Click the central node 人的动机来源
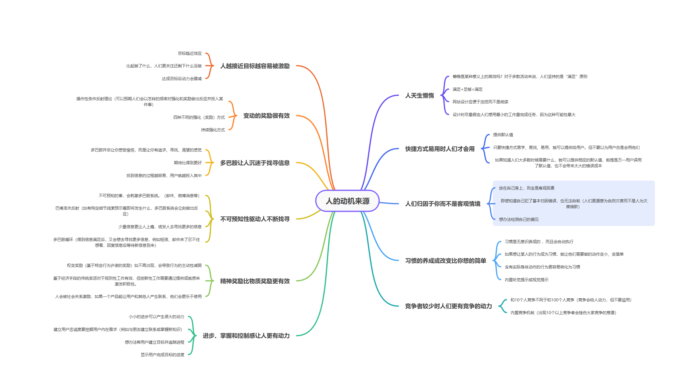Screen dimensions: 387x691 [347, 201]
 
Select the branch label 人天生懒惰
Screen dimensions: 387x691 [419, 96]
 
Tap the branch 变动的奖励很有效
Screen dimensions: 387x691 [266, 116]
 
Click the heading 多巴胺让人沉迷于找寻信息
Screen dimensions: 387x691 [255, 163]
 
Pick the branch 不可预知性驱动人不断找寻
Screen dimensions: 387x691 [255, 219]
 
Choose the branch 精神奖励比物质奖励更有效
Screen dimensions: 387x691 [255, 281]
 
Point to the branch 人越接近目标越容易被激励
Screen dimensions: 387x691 [255, 66]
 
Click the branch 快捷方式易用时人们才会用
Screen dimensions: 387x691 [440, 149]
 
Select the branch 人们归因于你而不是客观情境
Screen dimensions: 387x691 [442, 204]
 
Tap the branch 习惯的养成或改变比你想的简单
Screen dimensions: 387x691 [445, 261]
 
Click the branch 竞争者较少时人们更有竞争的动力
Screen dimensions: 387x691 [448, 306]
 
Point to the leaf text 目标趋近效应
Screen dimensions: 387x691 [190, 53]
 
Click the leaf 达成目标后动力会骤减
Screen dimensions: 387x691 [182, 79]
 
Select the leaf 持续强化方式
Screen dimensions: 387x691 [213, 130]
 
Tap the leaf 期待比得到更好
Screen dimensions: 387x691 [188, 163]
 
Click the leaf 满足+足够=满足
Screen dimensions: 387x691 [467, 89]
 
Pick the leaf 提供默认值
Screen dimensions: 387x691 [503, 135]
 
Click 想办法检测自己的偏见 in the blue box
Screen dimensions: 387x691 [519, 219]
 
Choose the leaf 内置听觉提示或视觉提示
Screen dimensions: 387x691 [526, 280]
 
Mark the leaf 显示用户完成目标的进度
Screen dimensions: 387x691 [162, 355]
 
